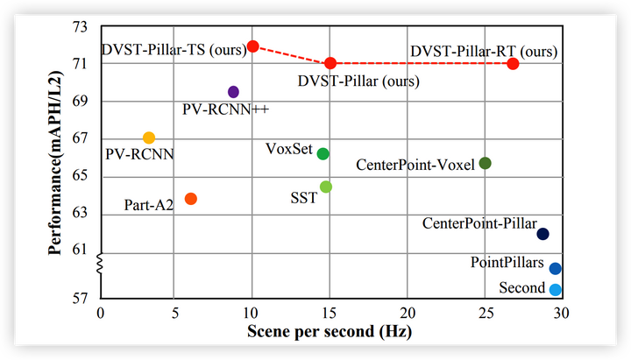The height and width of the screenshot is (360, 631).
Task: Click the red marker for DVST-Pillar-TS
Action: pyautogui.click(x=252, y=46)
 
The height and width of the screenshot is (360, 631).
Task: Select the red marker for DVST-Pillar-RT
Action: pyautogui.click(x=513, y=64)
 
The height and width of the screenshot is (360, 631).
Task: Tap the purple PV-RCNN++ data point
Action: pyautogui.click(x=233, y=92)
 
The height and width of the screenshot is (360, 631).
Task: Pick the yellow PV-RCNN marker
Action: pyautogui.click(x=149, y=138)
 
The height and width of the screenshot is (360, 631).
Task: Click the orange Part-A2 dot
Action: pyautogui.click(x=190, y=199)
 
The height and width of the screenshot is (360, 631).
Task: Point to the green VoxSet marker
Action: pyautogui.click(x=323, y=154)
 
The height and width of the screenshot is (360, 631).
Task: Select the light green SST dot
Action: pyautogui.click(x=326, y=187)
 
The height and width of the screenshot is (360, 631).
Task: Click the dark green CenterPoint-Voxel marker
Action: pyautogui.click(x=485, y=164)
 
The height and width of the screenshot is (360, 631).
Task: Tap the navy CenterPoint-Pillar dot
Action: pyautogui.click(x=542, y=234)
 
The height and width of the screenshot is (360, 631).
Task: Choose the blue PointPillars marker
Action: pyautogui.click(x=555, y=269)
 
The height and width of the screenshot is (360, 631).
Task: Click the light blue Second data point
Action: pyautogui.click(x=555, y=290)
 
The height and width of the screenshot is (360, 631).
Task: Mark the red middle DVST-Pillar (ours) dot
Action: pyautogui.click(x=330, y=63)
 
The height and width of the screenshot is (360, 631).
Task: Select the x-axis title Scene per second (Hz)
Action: pyautogui.click(x=329, y=334)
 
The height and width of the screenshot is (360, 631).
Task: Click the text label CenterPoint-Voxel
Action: pyautogui.click(x=415, y=165)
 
